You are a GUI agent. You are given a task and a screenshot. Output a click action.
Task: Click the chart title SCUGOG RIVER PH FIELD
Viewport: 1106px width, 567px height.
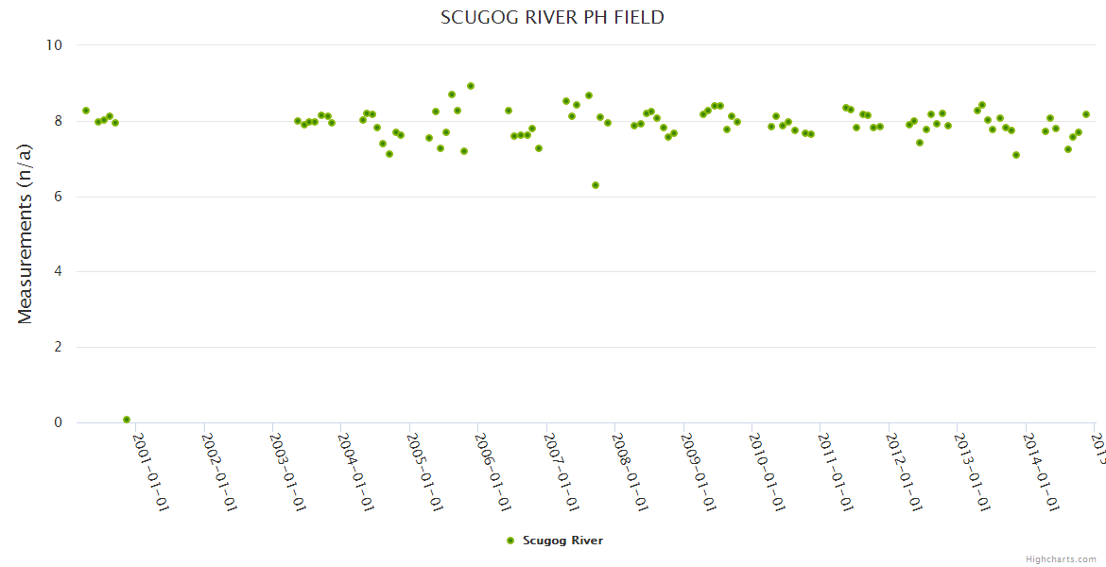pyautogui.click(x=552, y=18)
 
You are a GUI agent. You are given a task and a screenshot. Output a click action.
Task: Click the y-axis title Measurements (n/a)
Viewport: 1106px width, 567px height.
pyautogui.click(x=26, y=234)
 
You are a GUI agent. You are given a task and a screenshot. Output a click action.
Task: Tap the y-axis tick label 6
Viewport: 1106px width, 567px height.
pyautogui.click(x=57, y=197)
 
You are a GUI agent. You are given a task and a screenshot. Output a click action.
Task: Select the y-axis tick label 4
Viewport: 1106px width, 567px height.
pyautogui.click(x=57, y=272)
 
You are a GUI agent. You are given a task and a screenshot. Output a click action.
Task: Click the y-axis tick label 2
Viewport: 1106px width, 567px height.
pyautogui.click(x=57, y=348)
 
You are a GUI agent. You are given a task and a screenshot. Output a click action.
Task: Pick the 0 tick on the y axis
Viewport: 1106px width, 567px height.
pyautogui.click(x=57, y=423)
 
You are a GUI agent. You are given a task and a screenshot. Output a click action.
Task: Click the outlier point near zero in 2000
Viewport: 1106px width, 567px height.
pyautogui.click(x=127, y=420)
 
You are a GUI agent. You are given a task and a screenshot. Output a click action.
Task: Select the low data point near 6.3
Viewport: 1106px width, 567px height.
pyautogui.click(x=596, y=185)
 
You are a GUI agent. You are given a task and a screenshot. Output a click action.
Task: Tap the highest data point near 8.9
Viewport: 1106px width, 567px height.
pyautogui.click(x=471, y=86)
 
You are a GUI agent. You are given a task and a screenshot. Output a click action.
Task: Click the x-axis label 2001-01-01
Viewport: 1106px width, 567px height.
pyautogui.click(x=149, y=472)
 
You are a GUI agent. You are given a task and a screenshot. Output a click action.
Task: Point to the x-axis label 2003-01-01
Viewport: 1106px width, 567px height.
pyautogui.click(x=286, y=472)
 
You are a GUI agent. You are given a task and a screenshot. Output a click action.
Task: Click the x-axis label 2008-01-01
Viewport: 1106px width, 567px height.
pyautogui.click(x=629, y=472)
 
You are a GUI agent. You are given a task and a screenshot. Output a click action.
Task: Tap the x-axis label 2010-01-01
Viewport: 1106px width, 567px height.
pyautogui.click(x=766, y=472)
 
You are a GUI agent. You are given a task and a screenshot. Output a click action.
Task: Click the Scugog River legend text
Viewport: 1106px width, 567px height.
pyautogui.click(x=562, y=541)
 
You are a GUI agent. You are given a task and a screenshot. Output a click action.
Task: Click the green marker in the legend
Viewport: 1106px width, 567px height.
pyautogui.click(x=510, y=541)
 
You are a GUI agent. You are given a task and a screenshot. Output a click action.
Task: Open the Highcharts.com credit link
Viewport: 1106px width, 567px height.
pyautogui.click(x=1061, y=559)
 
